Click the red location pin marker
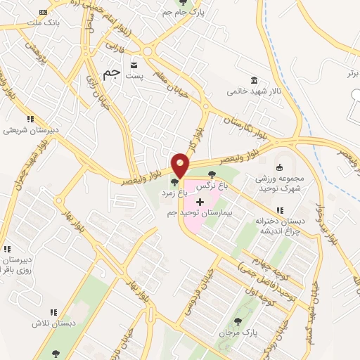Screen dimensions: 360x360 tap(181, 165)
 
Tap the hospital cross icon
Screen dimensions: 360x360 tap(200, 202)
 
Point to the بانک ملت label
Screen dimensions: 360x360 tap(60, 23)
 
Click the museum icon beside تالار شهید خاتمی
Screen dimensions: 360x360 tap(252, 81)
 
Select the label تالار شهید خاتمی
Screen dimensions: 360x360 tap(251, 91)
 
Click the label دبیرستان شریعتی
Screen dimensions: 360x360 tap(30, 130)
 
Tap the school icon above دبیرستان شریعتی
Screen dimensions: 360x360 tap(30, 120)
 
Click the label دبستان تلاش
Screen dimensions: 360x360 tap(52, 323)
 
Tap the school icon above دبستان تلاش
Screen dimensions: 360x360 tap(53, 312)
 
